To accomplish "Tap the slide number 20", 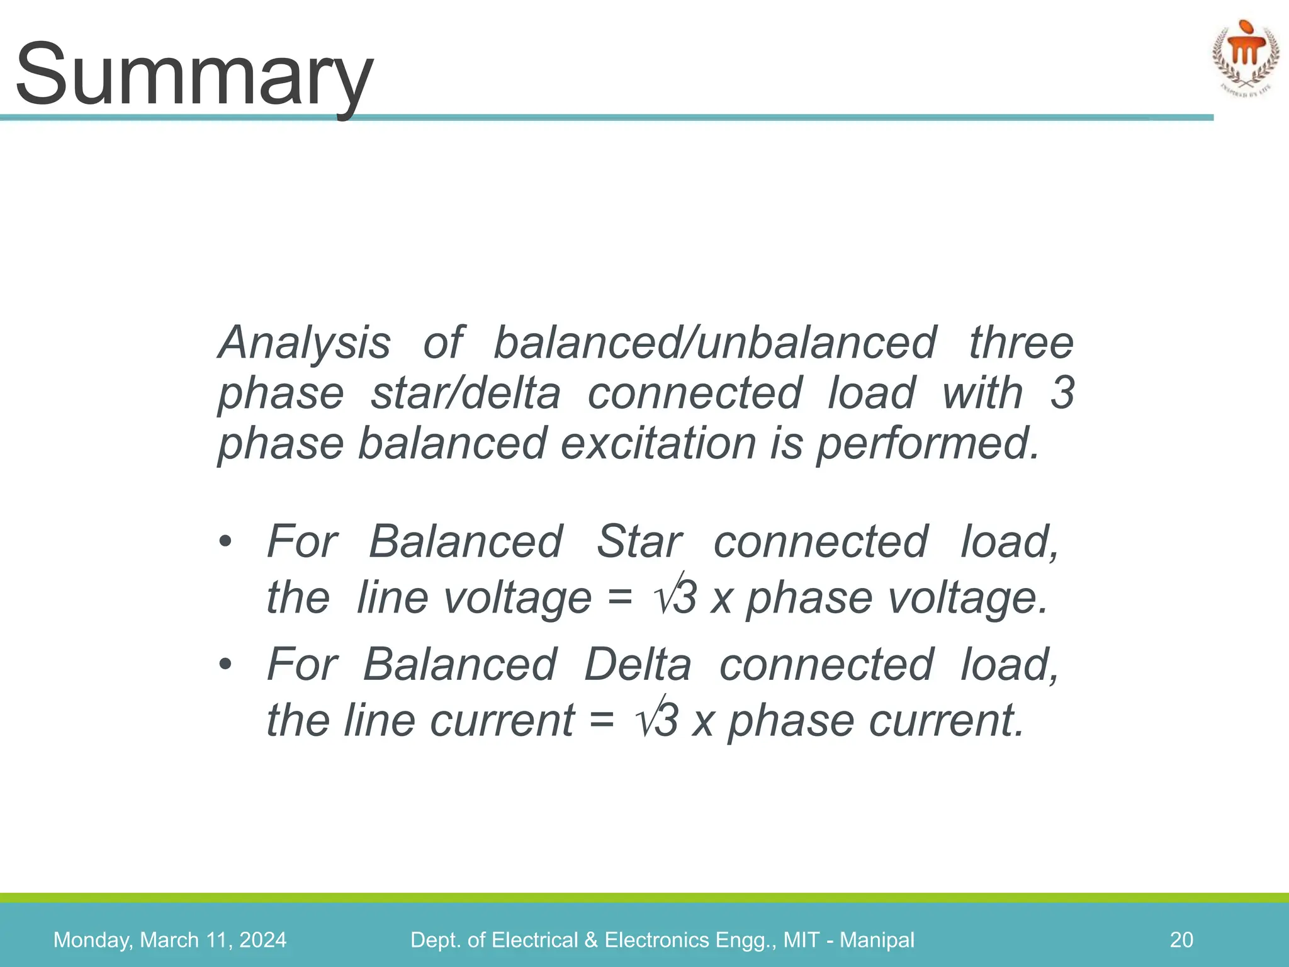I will click(1181, 940).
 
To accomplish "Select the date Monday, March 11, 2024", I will click(170, 940).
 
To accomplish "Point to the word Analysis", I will click(304, 343).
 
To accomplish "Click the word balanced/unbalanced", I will click(714, 343).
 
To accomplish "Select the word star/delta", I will click(465, 393).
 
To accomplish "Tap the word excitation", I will click(658, 444).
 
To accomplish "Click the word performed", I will click(926, 444).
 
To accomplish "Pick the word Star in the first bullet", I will click(638, 542).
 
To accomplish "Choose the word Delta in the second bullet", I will click(637, 665).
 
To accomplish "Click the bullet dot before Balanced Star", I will click(225, 542).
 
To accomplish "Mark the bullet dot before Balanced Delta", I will click(225, 665).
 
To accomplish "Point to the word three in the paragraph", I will click(1020, 343).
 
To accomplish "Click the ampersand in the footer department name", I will click(590, 940).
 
